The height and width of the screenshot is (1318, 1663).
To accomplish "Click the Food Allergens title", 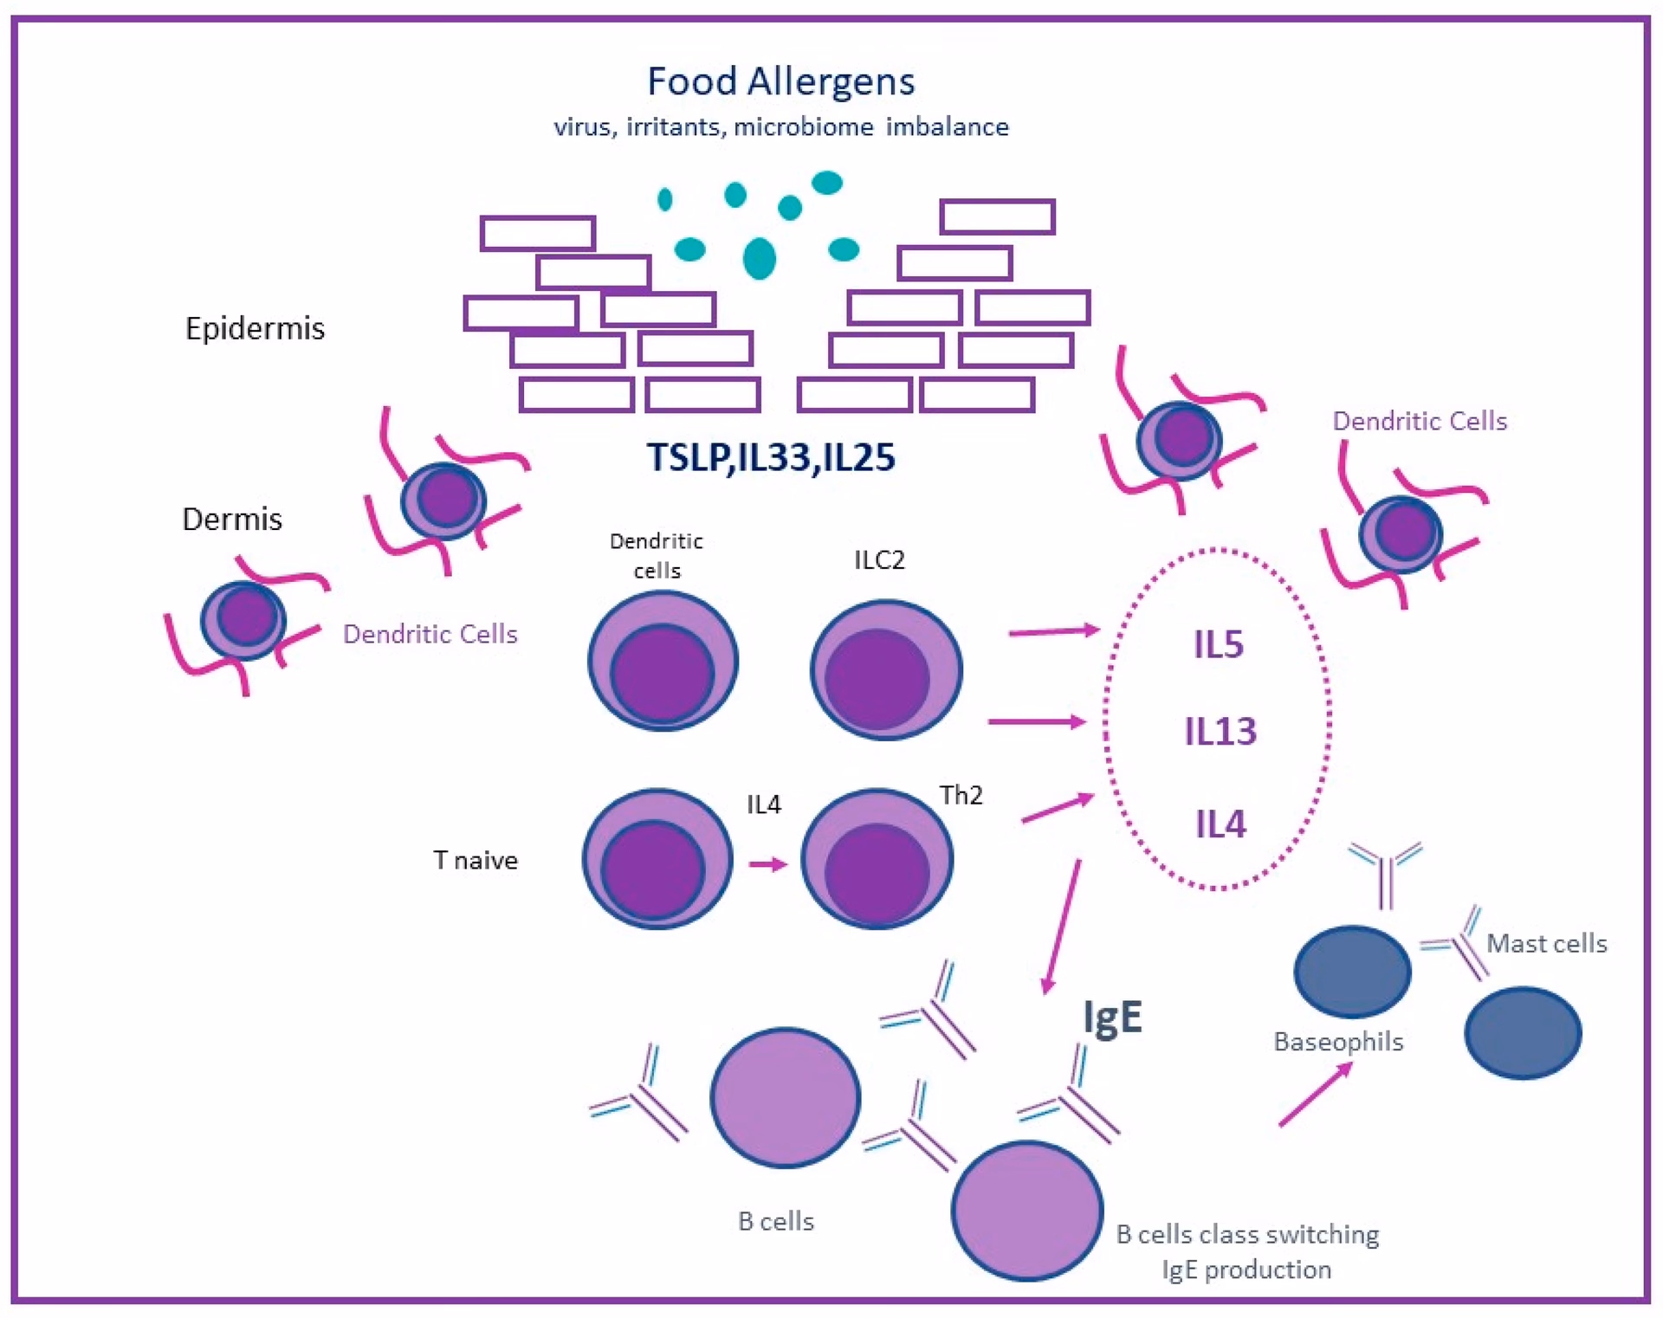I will (x=780, y=82).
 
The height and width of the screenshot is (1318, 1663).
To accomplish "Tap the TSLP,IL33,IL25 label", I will (x=770, y=457).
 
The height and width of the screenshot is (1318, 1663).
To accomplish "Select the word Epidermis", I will (x=255, y=328).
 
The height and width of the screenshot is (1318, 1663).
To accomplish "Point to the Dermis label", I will (x=232, y=519).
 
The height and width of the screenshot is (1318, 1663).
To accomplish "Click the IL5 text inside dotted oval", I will (x=1218, y=645).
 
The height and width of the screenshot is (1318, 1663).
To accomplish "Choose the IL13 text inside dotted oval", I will (x=1220, y=733).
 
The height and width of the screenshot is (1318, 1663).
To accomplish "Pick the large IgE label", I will (x=1113, y=1017).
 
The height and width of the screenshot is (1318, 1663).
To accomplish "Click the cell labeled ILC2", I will (x=885, y=669).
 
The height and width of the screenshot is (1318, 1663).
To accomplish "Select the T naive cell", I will (x=657, y=858).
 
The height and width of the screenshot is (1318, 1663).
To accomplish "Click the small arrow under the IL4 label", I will (x=767, y=864).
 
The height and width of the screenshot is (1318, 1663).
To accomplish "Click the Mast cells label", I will (x=1546, y=943).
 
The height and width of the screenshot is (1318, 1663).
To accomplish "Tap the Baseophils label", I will (x=1337, y=1041).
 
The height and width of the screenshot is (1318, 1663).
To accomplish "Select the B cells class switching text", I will (x=1246, y=1234).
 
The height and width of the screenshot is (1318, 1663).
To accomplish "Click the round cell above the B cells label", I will (x=785, y=1097).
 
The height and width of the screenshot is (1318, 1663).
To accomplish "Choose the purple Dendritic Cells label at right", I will (x=1419, y=421).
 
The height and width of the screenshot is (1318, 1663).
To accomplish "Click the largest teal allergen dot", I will (x=760, y=257).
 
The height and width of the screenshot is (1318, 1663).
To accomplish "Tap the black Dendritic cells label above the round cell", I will (x=657, y=555).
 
